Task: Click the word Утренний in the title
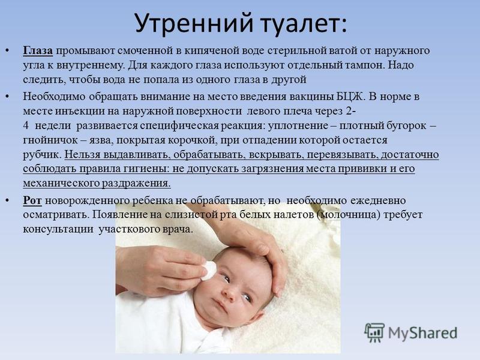pyautogui.click(x=194, y=23)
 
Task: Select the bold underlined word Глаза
pyautogui.click(x=38, y=51)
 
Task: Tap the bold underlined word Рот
pyautogui.click(x=32, y=200)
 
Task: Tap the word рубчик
pyautogui.click(x=42, y=154)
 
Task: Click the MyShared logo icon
pyautogui.click(x=374, y=332)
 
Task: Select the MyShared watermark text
pyautogui.click(x=422, y=333)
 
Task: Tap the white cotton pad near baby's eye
pyautogui.click(x=209, y=270)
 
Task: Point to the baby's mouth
pyautogui.click(x=219, y=305)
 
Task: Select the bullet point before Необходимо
pyautogui.click(x=8, y=97)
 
